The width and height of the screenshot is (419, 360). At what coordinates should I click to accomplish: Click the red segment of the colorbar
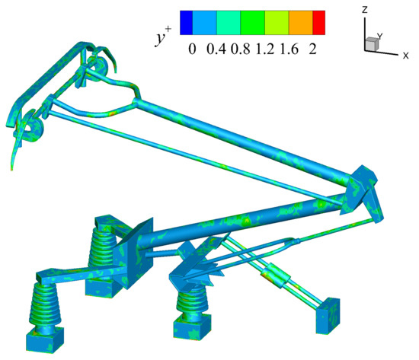[318, 22]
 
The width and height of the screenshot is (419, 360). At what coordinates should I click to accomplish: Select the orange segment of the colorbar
[299, 22]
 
